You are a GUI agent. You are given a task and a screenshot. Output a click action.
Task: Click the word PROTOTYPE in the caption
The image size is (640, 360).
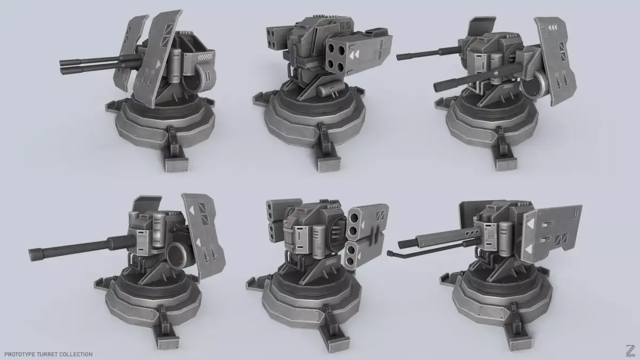click(20, 354)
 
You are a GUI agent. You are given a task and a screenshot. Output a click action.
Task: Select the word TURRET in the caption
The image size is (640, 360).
click(50, 354)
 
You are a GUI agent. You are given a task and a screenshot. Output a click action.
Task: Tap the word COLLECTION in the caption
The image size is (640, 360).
click(78, 354)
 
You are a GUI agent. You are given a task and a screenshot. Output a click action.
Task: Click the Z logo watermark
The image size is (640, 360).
click(629, 351)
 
